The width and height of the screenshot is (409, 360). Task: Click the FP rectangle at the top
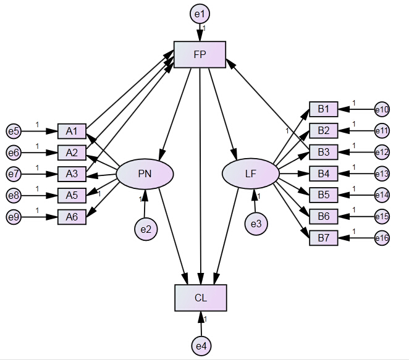click(x=200, y=54)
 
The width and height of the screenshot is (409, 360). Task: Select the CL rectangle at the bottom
click(x=201, y=298)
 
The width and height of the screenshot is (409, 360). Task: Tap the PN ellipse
click(x=145, y=174)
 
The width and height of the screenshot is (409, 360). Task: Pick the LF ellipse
click(x=250, y=174)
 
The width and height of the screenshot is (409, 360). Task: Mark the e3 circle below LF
click(x=255, y=224)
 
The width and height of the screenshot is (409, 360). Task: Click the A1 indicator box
click(x=72, y=131)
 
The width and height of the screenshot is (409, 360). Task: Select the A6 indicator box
click(x=72, y=217)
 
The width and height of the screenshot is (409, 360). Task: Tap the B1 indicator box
click(x=324, y=109)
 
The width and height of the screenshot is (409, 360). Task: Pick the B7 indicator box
click(x=324, y=238)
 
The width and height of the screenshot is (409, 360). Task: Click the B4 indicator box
click(x=324, y=174)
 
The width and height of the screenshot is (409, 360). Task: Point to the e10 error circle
click(x=381, y=110)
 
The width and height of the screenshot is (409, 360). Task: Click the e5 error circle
click(x=14, y=131)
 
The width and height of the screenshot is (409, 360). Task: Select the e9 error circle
click(x=14, y=217)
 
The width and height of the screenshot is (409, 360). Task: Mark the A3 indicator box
click(x=72, y=174)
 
